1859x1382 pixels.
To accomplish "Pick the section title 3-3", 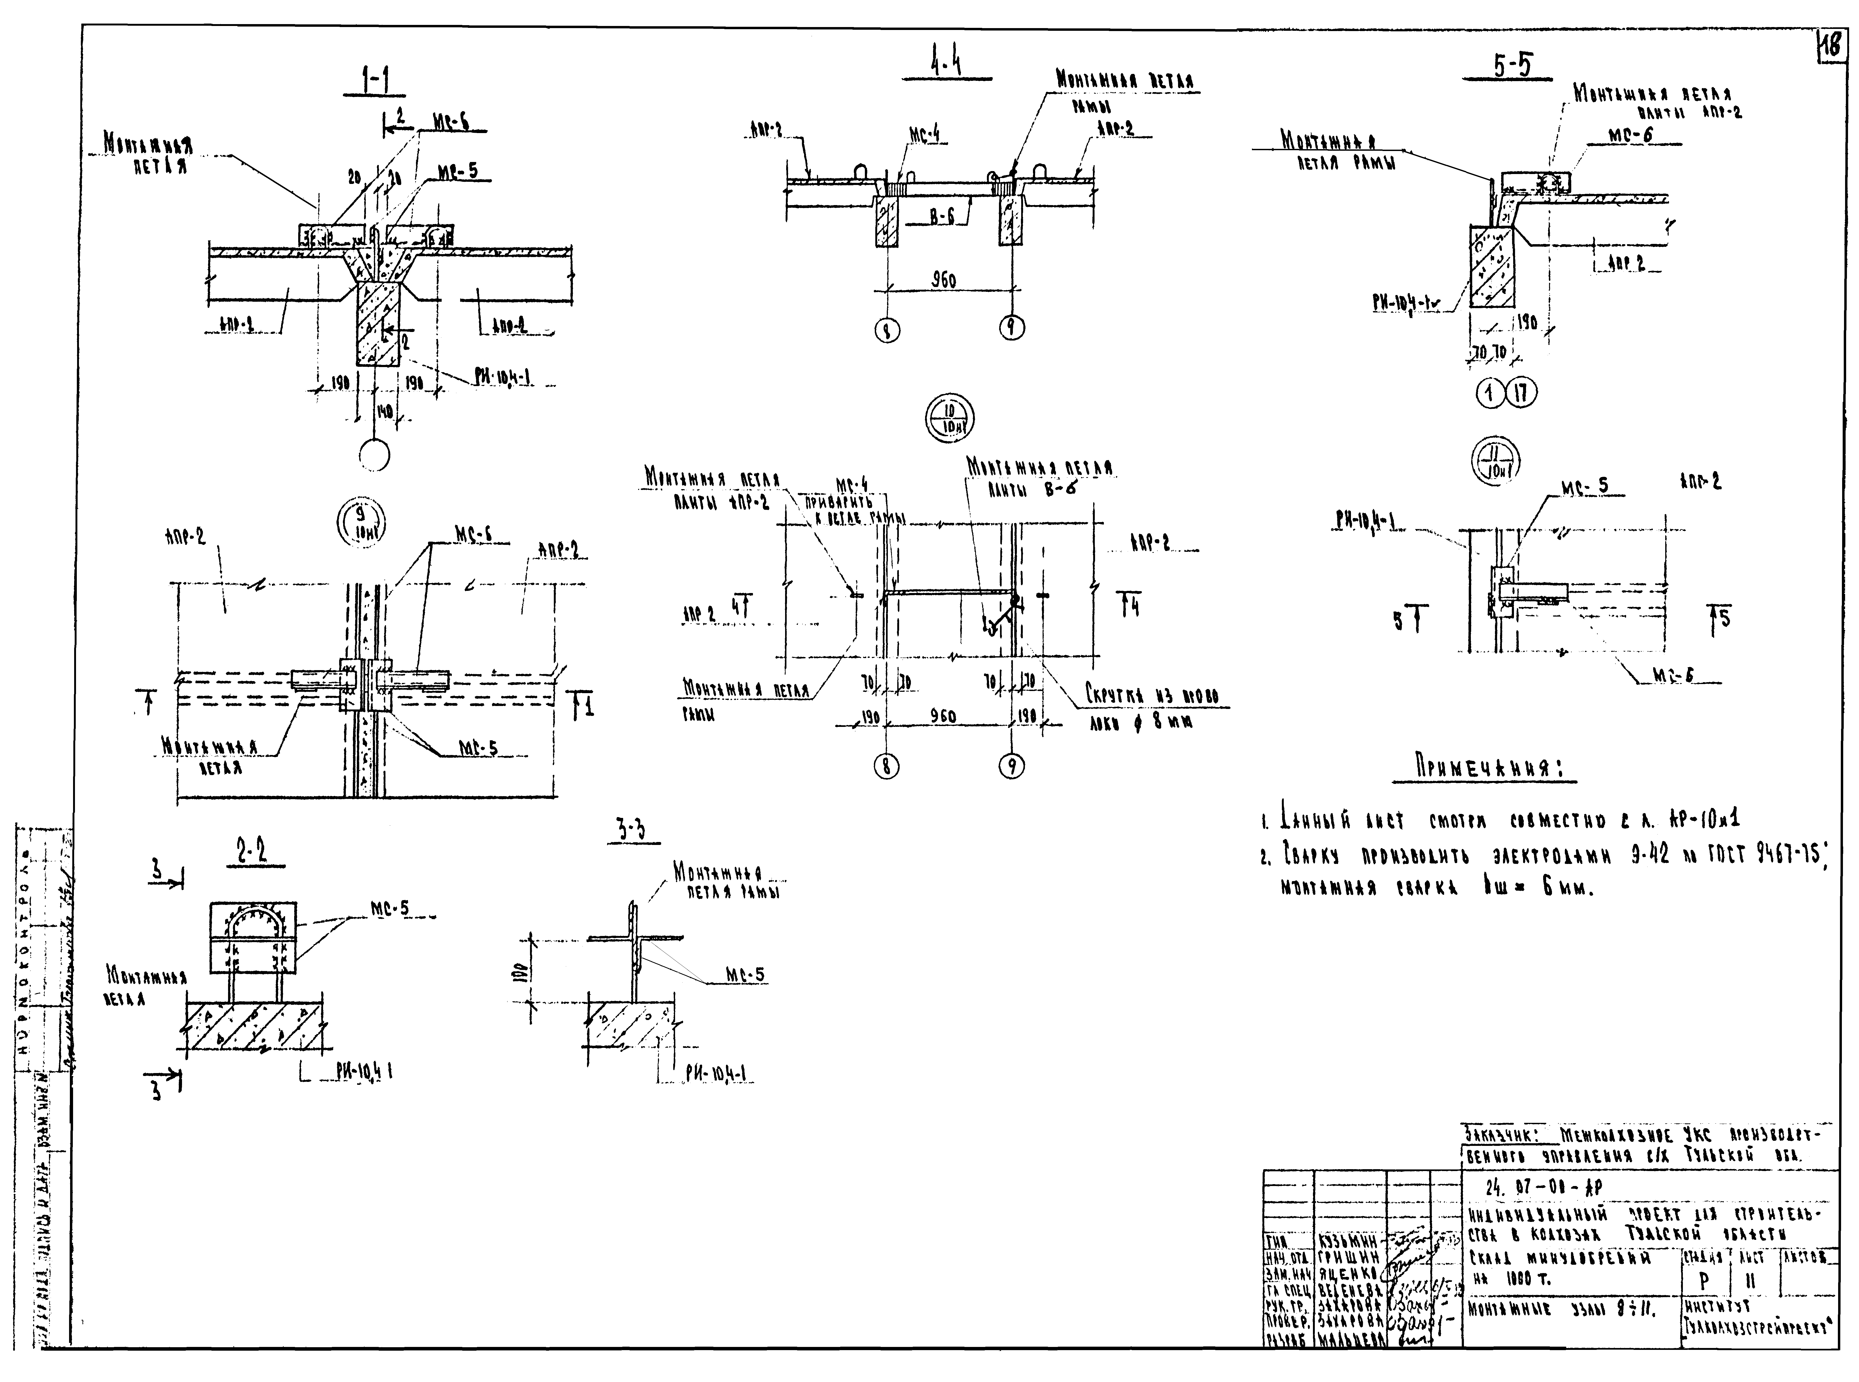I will pyautogui.click(x=633, y=829).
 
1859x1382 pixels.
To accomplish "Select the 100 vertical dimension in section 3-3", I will pyautogui.click(x=519, y=971).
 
